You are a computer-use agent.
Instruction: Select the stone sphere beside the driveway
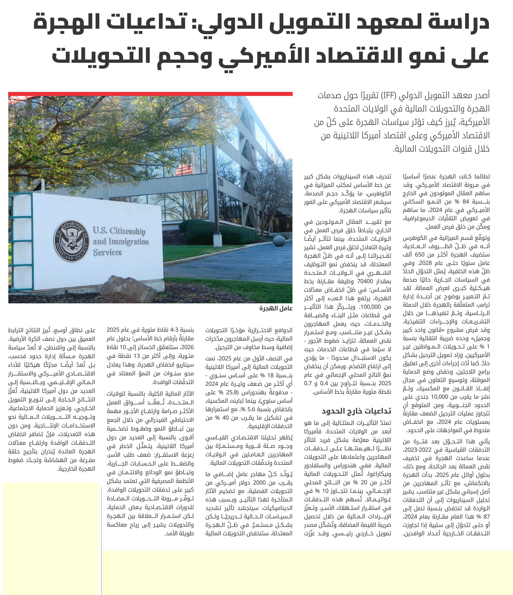279,241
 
